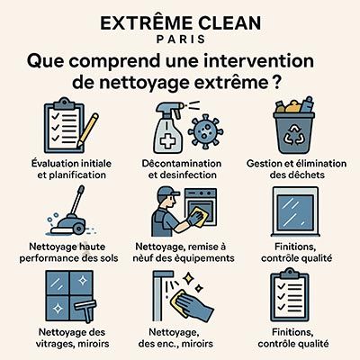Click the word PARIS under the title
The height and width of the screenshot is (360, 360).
coord(181,40)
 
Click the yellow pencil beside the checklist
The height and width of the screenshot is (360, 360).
coord(87,130)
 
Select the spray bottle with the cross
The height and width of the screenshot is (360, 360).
coord(168,127)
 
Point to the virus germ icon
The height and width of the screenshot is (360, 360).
coord(205,131)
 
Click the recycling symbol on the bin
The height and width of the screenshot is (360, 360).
coord(293,134)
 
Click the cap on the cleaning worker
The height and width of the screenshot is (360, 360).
coord(167,192)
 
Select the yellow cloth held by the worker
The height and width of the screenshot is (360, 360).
coord(199,216)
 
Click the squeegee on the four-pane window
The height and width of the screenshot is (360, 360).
coord(85,310)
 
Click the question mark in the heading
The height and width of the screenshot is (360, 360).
coord(276,82)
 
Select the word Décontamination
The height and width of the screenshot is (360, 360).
coord(182,164)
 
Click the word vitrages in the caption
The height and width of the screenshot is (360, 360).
coord(55,344)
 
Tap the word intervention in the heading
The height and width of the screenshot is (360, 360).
coord(259,61)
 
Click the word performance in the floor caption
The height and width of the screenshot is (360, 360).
coord(49,258)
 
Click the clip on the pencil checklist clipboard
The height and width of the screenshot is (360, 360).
coord(63,103)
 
